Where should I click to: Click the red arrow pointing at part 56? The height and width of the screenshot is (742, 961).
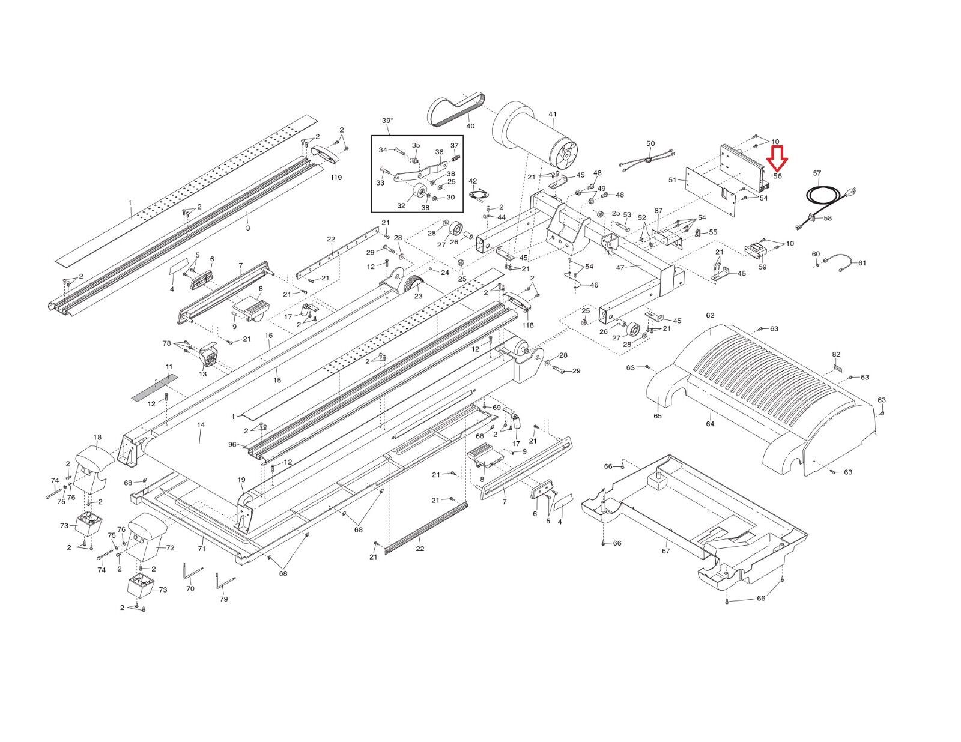pos(778,157)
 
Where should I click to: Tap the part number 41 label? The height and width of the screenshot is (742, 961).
pos(552,114)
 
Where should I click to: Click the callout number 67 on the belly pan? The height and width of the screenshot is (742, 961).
pos(665,550)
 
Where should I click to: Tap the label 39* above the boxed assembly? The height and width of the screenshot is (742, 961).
pos(387,121)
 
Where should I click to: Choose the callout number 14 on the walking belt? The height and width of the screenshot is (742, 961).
pos(201,425)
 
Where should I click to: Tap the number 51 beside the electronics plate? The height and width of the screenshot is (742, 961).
pos(672,179)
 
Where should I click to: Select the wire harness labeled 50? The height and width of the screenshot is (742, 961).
pos(649,161)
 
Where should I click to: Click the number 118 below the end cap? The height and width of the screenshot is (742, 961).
pos(527,325)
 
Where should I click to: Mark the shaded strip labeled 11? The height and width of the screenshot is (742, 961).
pos(155,389)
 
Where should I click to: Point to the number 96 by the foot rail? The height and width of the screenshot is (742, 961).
pos(232,445)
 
